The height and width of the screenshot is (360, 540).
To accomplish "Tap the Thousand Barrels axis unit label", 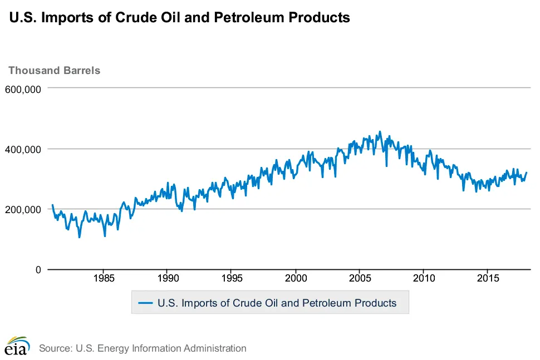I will click(x=54, y=71).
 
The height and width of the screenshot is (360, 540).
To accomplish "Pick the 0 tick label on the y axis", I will click(x=37, y=270).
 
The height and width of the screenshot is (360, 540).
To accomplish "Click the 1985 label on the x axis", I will click(x=104, y=278).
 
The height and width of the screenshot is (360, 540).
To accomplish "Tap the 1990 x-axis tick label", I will click(x=168, y=278).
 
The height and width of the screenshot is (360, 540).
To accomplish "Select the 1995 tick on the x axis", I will click(x=232, y=278).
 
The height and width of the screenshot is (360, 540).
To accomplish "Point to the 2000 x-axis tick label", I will click(x=296, y=278).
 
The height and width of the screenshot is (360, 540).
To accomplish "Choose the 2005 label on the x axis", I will click(x=360, y=278).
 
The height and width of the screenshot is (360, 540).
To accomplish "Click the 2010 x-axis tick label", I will click(x=424, y=278).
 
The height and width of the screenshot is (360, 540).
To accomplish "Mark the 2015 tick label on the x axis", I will click(x=488, y=278).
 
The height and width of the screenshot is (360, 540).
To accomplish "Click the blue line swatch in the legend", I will click(x=145, y=303).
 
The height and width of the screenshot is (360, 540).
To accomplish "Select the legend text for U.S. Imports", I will click(x=277, y=303).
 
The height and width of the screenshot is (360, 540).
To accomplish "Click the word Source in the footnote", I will click(x=55, y=348).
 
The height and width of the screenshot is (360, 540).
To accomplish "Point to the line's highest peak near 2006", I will click(x=380, y=132).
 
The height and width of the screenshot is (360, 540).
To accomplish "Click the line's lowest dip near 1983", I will click(x=79, y=238).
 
